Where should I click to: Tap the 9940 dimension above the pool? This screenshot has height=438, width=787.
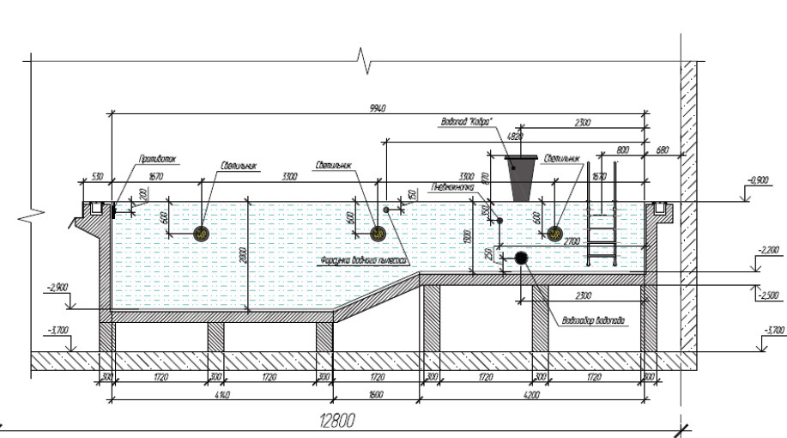point(377,107)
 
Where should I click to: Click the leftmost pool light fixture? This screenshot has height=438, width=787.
point(202,233)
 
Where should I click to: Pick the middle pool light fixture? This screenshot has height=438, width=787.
point(377,233)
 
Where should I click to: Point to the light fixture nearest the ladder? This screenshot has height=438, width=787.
point(554,233)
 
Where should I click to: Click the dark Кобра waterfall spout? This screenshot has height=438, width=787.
point(522,179)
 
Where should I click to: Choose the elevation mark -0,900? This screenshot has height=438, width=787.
point(757,180)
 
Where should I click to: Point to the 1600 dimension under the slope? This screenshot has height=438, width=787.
point(376,395)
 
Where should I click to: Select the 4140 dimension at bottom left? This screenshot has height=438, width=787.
point(221,395)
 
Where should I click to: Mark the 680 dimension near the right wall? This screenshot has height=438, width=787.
point(662,150)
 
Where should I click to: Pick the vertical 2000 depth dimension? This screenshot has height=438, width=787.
point(244,255)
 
